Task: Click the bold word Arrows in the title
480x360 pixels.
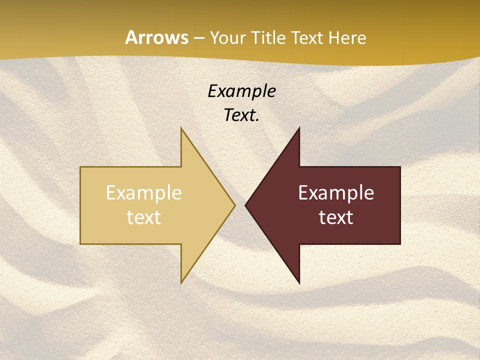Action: click(157, 37)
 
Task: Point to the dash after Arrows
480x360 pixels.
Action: click(199, 38)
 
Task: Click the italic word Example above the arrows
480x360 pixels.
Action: click(241, 91)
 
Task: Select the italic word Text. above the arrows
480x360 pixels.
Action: click(241, 115)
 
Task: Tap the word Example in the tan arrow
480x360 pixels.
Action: click(144, 193)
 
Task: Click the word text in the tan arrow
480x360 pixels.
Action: click(144, 217)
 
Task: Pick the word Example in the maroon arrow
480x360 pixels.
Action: click(336, 193)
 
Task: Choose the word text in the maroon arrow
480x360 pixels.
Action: click(336, 217)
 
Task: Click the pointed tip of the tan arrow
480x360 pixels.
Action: click(233, 205)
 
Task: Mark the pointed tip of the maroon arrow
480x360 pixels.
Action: click(246, 205)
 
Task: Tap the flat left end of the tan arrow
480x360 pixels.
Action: click(81, 205)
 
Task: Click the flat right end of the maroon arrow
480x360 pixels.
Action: click(399, 205)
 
